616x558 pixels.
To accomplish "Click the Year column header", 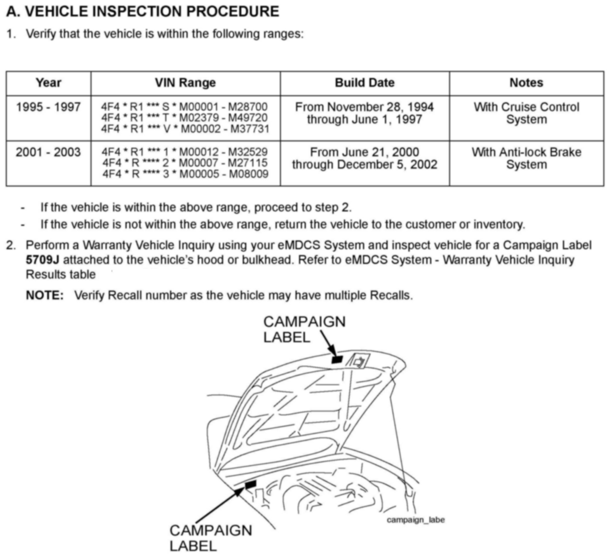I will coord(48,83).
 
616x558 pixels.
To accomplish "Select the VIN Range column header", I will coord(185,83).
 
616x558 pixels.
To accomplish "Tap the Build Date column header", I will coord(364,83).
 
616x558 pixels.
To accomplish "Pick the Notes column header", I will coord(526,83).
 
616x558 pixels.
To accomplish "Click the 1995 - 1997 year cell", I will coord(48,107).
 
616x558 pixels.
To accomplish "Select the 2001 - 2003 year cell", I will coord(48,152).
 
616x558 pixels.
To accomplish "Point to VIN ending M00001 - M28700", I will coord(184,107).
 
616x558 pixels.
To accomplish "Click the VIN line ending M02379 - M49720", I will coord(184,118).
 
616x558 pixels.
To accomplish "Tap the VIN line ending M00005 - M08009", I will coord(186,174).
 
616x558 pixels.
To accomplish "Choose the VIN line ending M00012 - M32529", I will coord(184,152).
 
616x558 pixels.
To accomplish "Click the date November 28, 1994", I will coord(380,107).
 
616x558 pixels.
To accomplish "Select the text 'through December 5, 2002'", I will coord(364,165).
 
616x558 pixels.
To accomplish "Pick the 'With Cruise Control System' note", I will coord(526,113).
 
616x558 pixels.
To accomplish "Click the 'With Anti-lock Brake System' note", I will coord(526,158).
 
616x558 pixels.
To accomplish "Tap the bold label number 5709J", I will coord(43,260).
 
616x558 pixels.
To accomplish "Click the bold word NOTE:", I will coord(45,296).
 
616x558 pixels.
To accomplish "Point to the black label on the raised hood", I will coord(337,360).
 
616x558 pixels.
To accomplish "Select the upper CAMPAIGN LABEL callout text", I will coord(304,329).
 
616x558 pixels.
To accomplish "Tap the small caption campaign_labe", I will coord(415,520).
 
